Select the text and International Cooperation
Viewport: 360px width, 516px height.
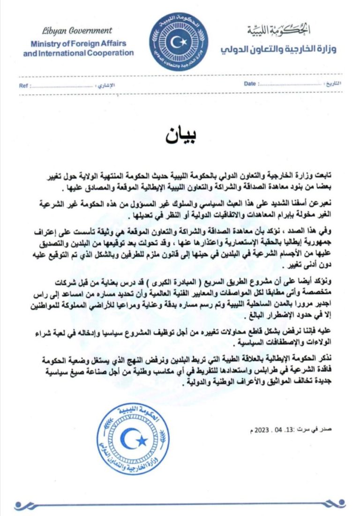(78, 52)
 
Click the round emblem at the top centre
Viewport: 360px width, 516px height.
(179, 42)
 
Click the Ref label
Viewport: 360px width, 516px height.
(24, 86)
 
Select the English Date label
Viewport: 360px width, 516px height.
(250, 83)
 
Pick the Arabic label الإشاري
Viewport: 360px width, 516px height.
(105, 86)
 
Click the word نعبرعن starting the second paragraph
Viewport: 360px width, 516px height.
(323, 202)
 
